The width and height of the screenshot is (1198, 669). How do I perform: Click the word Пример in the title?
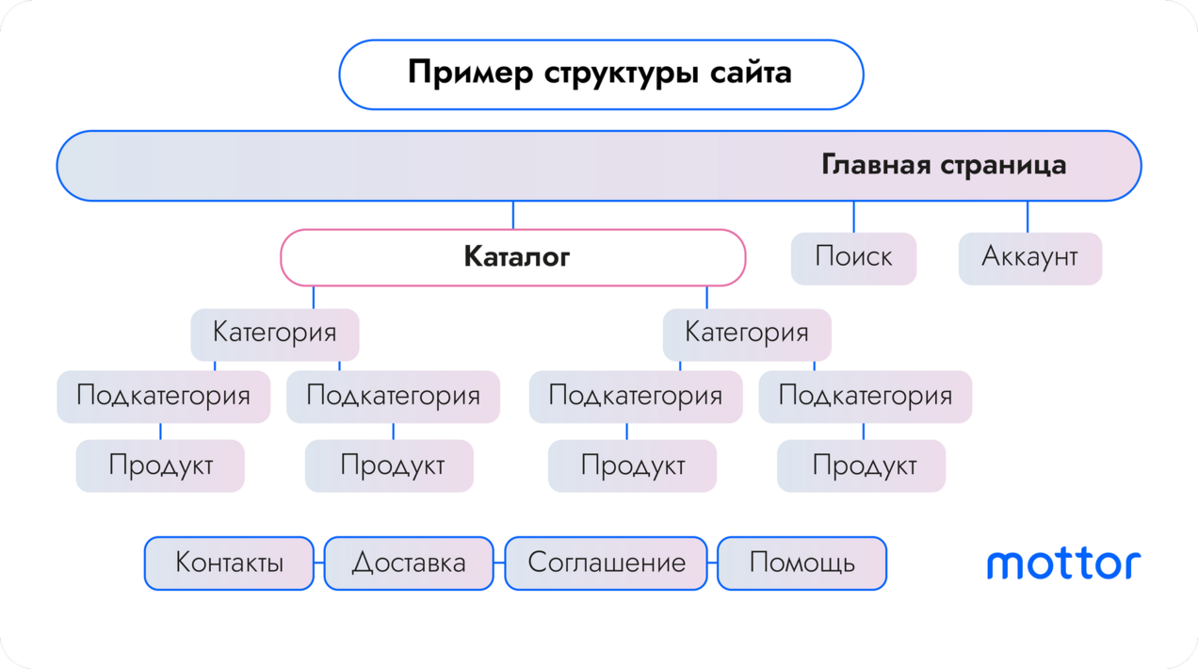[471, 73]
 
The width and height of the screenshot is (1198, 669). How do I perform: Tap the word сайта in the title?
[751, 73]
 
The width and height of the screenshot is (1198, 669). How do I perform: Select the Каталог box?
[513, 257]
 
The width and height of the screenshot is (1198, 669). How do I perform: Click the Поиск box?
[853, 258]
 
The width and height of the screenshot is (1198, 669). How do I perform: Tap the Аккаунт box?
[1030, 258]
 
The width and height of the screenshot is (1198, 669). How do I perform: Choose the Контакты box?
[229, 563]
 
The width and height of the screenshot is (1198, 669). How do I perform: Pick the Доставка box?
[409, 563]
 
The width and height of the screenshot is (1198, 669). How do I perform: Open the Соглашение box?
[606, 563]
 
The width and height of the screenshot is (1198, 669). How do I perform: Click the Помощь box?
[801, 563]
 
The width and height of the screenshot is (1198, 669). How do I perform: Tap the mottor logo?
[1063, 563]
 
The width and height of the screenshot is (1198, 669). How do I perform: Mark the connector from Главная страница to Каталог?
[513, 215]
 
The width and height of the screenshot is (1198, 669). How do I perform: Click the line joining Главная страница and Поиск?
[853, 217]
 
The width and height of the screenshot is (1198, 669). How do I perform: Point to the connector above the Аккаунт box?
[1028, 217]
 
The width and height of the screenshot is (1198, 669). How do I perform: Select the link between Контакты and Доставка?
[319, 563]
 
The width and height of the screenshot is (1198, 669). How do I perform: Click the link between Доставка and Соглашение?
[499, 563]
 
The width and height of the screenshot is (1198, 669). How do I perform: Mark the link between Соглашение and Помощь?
[712, 563]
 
